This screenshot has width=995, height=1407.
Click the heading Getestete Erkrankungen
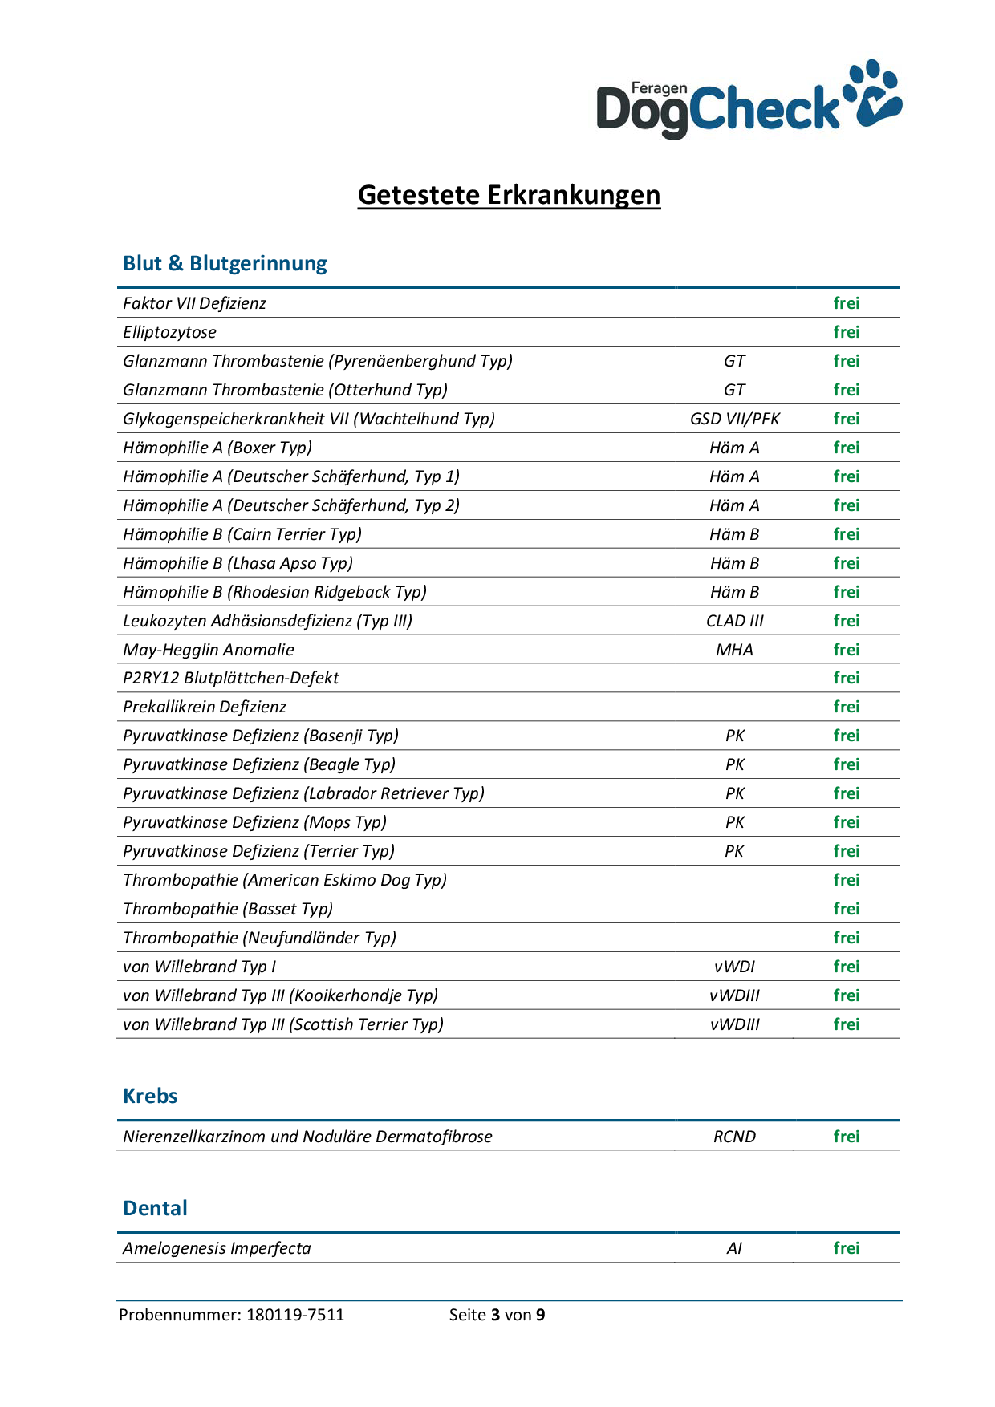[509, 195]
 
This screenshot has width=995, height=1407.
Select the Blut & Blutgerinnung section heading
[225, 263]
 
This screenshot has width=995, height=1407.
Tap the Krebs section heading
[150, 1096]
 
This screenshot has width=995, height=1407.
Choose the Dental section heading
[155, 1208]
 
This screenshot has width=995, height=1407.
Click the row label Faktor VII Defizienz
[194, 303]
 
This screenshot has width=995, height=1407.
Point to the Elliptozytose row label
[169, 332]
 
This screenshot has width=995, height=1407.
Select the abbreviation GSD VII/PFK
[734, 419]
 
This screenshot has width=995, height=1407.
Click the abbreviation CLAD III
[734, 621]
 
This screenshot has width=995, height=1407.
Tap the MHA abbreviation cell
[734, 650]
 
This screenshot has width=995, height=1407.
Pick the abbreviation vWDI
[734, 967]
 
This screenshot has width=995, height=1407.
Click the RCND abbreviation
[734, 1137]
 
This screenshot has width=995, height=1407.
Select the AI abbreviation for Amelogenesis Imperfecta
[734, 1248]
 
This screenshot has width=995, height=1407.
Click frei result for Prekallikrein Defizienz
[846, 707]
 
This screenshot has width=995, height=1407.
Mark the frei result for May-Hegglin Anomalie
[846, 650]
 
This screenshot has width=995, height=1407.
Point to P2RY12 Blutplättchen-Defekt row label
[230, 678]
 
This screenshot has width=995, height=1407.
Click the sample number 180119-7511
[295, 1315]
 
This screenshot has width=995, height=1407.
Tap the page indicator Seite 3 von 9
[497, 1315]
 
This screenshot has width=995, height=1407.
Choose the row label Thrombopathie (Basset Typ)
[228, 909]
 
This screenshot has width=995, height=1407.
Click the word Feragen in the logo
[659, 88]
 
